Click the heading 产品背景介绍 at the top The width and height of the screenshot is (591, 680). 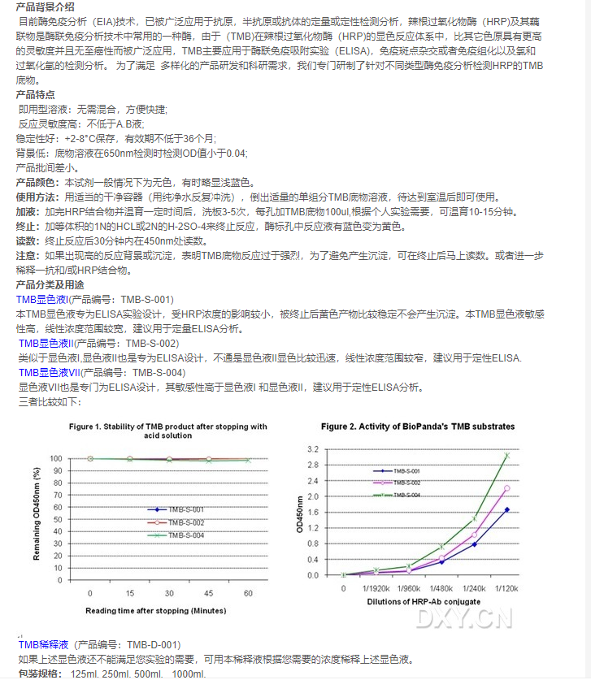[46, 6]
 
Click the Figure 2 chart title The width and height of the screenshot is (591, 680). [417, 426]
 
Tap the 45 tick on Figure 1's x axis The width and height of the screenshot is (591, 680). [208, 594]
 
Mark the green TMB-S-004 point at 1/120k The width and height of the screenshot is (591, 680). [506, 456]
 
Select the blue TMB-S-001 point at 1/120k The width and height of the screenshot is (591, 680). [506, 509]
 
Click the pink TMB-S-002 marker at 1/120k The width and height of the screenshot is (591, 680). [506, 488]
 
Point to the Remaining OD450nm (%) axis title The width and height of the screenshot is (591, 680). [36, 514]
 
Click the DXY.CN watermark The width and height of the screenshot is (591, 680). [465, 619]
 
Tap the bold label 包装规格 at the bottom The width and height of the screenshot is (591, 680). [38, 674]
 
